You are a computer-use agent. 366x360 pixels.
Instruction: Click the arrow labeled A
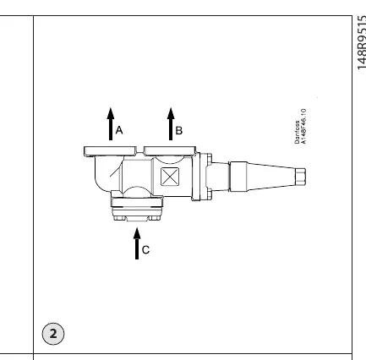pyautogui.click(x=111, y=124)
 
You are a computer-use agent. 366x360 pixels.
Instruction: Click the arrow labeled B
pyautogui.click(x=171, y=124)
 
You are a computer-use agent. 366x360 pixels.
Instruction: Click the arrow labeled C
pyautogui.click(x=137, y=243)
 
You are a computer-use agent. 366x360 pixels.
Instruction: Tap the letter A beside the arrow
pyautogui.click(x=119, y=130)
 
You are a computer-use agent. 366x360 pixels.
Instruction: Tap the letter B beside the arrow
pyautogui.click(x=179, y=131)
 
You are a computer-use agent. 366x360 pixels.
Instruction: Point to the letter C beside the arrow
pyautogui.click(x=145, y=250)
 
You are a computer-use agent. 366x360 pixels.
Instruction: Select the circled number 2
pyautogui.click(x=53, y=334)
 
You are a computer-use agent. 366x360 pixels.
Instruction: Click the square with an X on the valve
pyautogui.click(x=170, y=177)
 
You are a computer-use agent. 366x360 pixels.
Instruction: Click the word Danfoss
pyautogui.click(x=298, y=132)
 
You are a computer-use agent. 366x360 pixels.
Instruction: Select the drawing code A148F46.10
pyautogui.click(x=303, y=127)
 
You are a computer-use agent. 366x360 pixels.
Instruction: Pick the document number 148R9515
pyautogui.click(x=361, y=42)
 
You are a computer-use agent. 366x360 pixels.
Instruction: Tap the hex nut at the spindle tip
pyautogui.click(x=300, y=177)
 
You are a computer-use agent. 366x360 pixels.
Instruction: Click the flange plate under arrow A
pyautogui.click(x=110, y=151)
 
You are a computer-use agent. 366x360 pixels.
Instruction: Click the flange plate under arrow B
pyautogui.click(x=170, y=151)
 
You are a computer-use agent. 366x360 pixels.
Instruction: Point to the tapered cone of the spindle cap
pyautogui.click(x=271, y=177)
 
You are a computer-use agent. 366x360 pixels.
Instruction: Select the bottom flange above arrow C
pyautogui.click(x=137, y=202)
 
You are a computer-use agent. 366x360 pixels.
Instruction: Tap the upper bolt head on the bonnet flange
pyautogui.click(x=210, y=159)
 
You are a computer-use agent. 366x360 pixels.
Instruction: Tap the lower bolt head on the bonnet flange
pyautogui.click(x=210, y=194)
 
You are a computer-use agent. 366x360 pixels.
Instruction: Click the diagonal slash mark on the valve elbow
pyautogui.click(x=115, y=172)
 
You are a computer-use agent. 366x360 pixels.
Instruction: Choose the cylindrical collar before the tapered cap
pyautogui.click(x=238, y=177)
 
